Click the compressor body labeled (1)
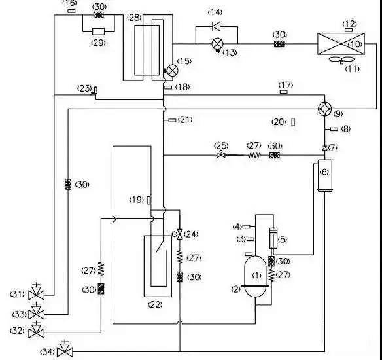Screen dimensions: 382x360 click(255, 277)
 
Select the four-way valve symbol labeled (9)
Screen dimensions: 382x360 click(324, 109)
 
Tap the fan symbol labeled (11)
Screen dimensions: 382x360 click(341, 60)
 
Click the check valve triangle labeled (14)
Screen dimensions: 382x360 click(216, 26)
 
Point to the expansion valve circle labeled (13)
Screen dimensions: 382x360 click(217, 44)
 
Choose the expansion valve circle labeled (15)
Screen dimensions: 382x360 click(173, 70)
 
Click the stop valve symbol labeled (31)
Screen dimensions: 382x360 click(36, 292)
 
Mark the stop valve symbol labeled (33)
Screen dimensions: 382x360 click(36, 312)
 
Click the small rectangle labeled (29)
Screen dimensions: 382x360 click(98, 31)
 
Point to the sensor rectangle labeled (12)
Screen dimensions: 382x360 click(349, 30)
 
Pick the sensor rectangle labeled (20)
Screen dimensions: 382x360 click(293, 122)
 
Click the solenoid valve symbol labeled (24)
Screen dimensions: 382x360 click(179, 234)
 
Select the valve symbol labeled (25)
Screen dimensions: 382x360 click(221, 154)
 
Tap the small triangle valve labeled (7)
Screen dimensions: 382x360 click(324, 148)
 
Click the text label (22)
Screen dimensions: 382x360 click(155, 304)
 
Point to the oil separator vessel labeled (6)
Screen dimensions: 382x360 click(325, 175)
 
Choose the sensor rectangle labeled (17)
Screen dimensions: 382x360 click(284, 92)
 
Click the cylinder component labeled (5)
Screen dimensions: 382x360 click(273, 238)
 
